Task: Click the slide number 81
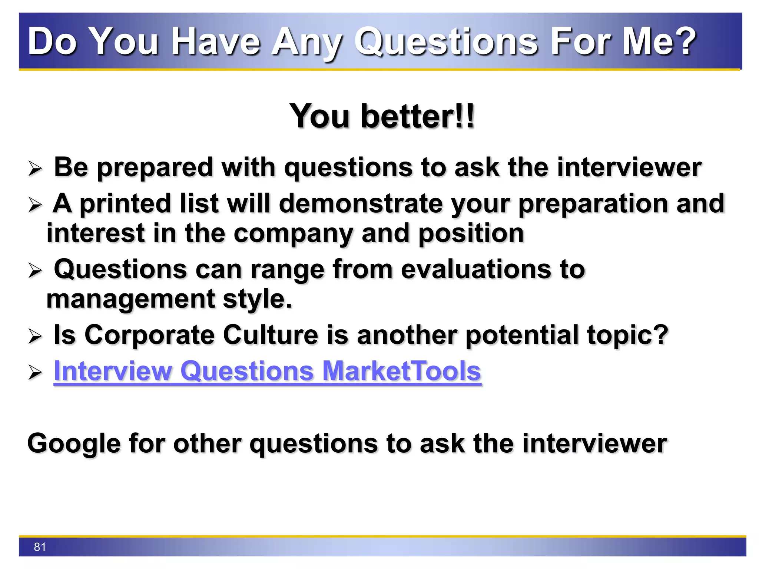coord(40,547)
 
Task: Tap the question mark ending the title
coord(685,41)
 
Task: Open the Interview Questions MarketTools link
coord(267,371)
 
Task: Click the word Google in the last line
coord(74,443)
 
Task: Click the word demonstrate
coord(361,204)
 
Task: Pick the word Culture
coord(271,335)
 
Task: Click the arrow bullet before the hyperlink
coord(35,372)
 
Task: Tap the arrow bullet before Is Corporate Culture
coord(35,336)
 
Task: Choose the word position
coord(471,234)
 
